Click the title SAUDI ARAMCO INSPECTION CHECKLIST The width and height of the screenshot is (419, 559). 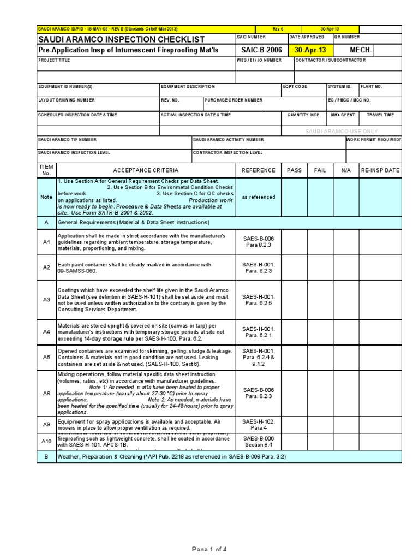click(x=122, y=39)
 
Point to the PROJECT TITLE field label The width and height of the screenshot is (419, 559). click(x=54, y=60)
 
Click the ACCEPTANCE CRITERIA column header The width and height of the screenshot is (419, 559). click(x=146, y=170)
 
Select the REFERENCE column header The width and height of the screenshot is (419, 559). click(x=259, y=170)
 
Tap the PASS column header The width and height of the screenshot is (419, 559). click(x=294, y=170)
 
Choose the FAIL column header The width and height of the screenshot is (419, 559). click(x=320, y=170)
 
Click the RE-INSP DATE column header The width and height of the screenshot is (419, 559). click(x=380, y=170)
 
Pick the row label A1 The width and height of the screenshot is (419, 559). click(x=46, y=242)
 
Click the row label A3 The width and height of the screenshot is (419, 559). click(x=46, y=299)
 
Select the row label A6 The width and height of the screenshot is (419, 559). click(x=46, y=393)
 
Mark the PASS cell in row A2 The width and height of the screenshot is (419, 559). click(x=294, y=267)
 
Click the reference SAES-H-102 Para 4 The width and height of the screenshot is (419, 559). click(x=259, y=424)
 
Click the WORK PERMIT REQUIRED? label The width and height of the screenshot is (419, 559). click(x=374, y=140)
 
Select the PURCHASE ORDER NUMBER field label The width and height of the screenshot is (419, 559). click(x=234, y=100)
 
